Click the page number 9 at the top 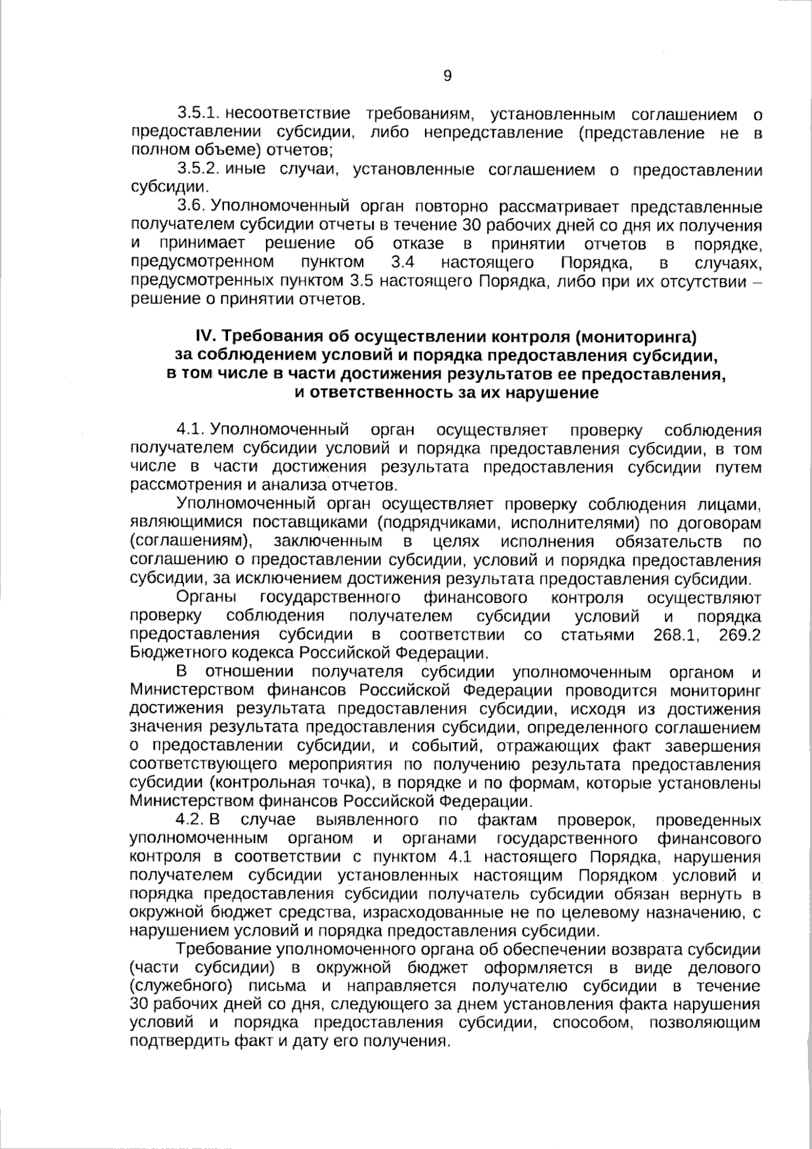447,76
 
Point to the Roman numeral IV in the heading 204,336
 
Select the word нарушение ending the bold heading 555,392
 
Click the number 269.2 740,635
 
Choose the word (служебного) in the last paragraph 181,986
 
